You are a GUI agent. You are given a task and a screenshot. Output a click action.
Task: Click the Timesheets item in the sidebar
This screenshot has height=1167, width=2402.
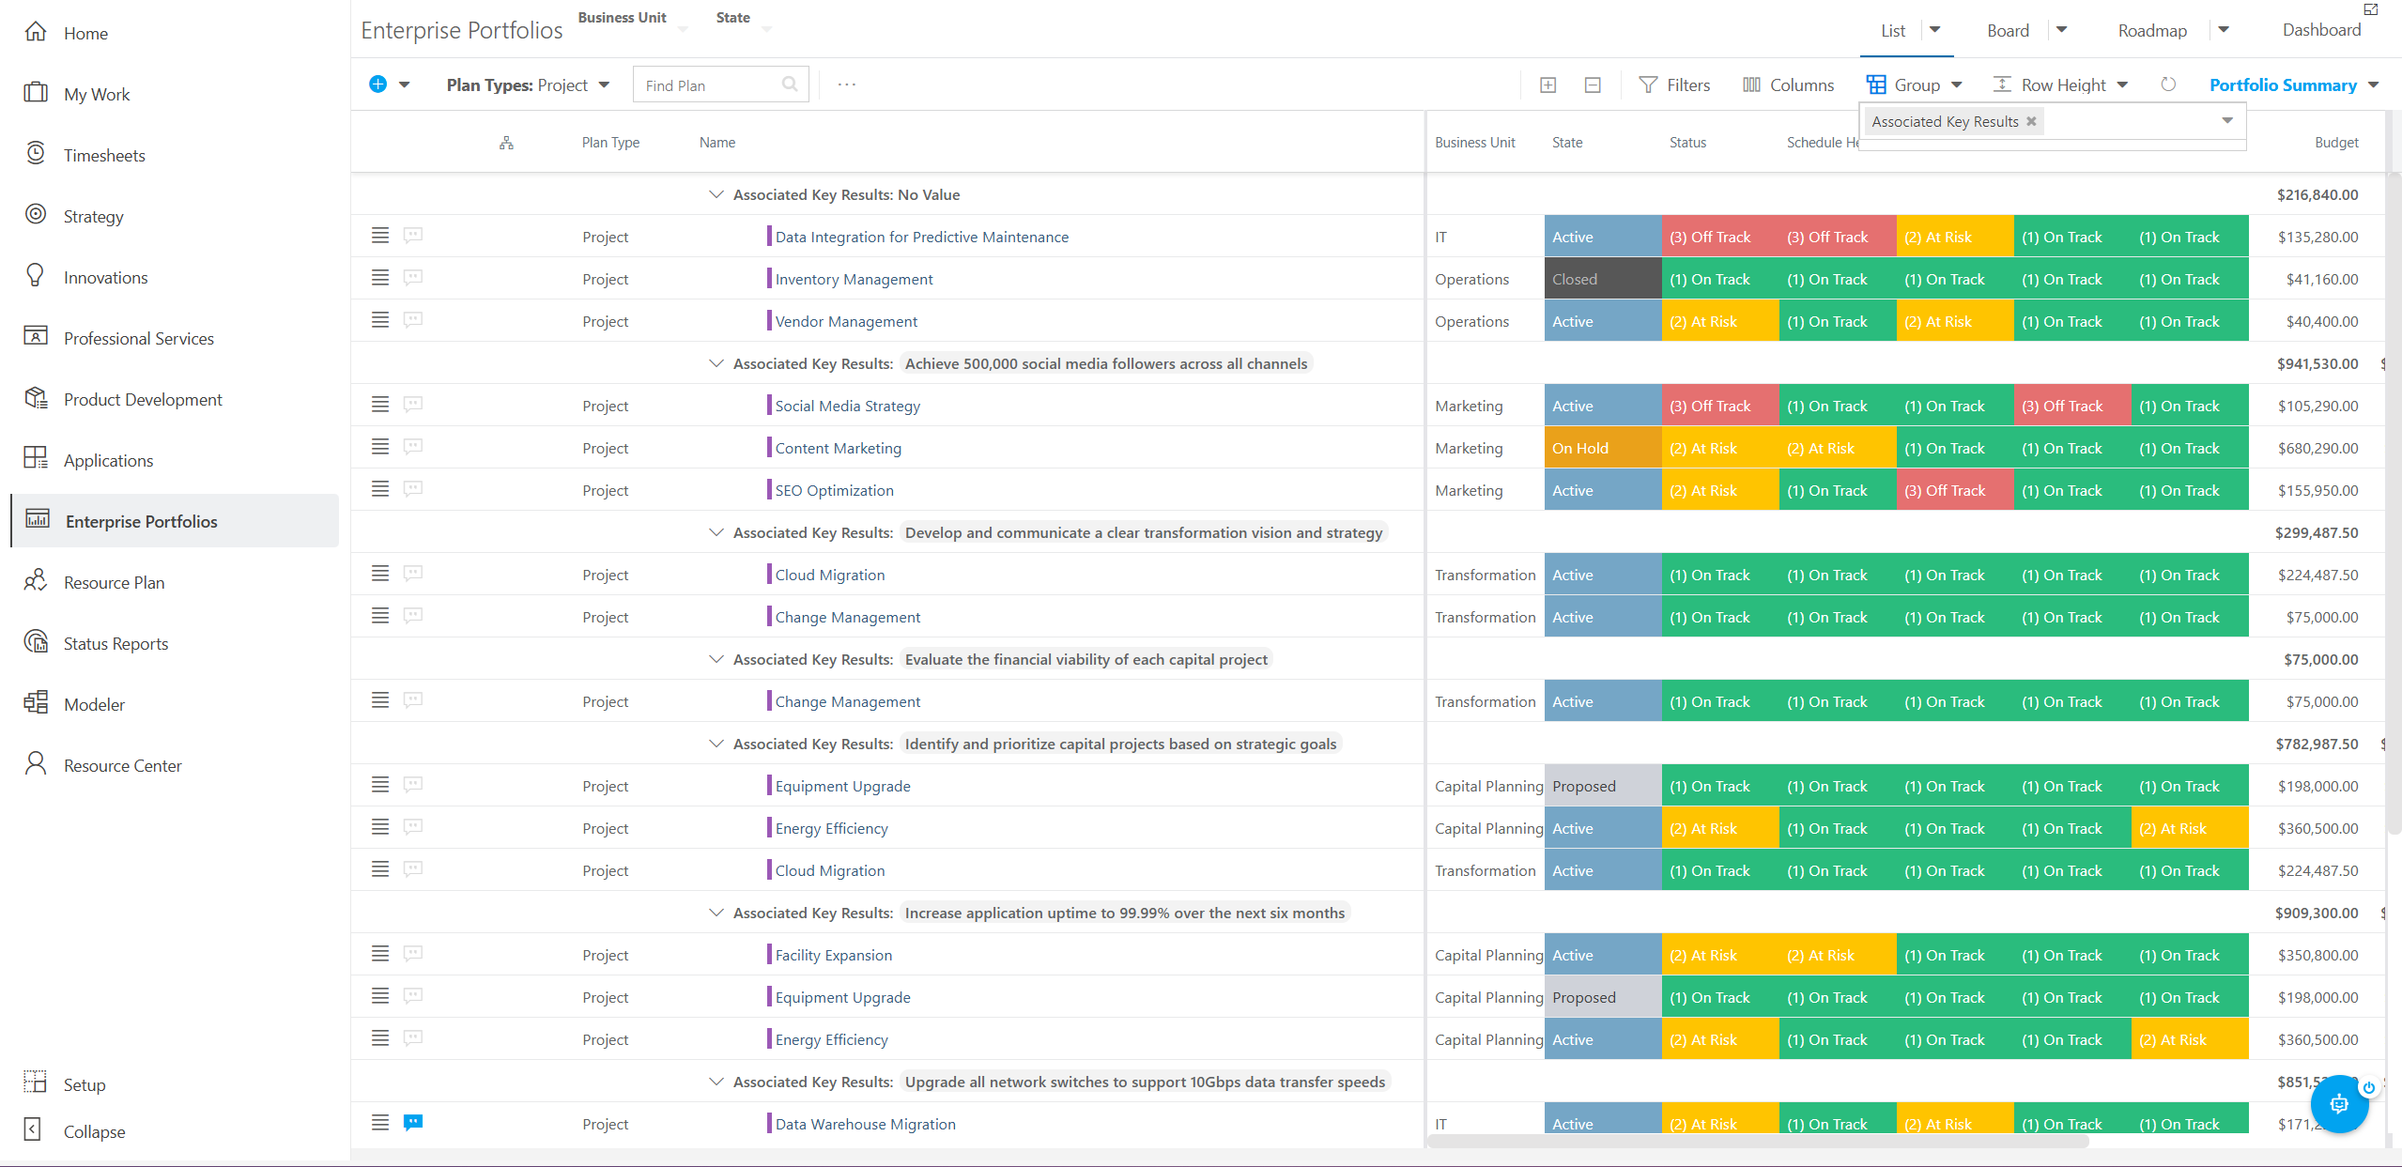(104, 155)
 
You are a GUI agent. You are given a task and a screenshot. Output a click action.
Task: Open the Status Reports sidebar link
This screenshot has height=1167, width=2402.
(115, 643)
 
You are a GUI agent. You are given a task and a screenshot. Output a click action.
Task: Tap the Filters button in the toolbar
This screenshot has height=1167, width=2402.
(1674, 85)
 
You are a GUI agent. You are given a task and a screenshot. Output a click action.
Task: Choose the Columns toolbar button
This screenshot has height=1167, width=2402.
(1788, 85)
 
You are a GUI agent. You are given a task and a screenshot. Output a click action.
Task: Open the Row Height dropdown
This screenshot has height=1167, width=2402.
(2060, 85)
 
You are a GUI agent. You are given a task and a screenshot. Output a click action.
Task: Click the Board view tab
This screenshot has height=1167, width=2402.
(2008, 31)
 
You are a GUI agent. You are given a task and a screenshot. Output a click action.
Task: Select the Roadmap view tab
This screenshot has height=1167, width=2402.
(2152, 31)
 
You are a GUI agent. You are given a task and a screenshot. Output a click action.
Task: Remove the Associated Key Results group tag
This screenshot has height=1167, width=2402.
(2031, 121)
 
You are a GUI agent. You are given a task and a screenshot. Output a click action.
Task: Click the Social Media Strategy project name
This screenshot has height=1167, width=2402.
(847, 406)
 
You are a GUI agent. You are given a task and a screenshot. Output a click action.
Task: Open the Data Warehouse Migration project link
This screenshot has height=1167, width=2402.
(865, 1124)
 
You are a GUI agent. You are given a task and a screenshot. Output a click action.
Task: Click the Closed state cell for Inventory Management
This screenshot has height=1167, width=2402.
(1603, 279)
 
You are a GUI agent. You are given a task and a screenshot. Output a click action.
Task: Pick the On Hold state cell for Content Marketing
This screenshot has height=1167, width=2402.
(1603, 448)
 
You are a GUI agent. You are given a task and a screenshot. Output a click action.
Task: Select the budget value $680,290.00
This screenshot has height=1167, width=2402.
(2317, 448)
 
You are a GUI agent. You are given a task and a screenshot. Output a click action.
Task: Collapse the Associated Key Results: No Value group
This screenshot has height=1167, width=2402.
(716, 194)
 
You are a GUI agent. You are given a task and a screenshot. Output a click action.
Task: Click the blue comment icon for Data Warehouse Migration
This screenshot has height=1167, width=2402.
(413, 1123)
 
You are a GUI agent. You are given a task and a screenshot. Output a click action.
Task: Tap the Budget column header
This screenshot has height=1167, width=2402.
(2336, 143)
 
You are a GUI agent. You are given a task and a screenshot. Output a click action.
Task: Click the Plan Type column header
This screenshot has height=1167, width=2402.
(610, 143)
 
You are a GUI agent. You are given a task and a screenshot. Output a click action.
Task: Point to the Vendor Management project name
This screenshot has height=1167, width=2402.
(846, 321)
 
